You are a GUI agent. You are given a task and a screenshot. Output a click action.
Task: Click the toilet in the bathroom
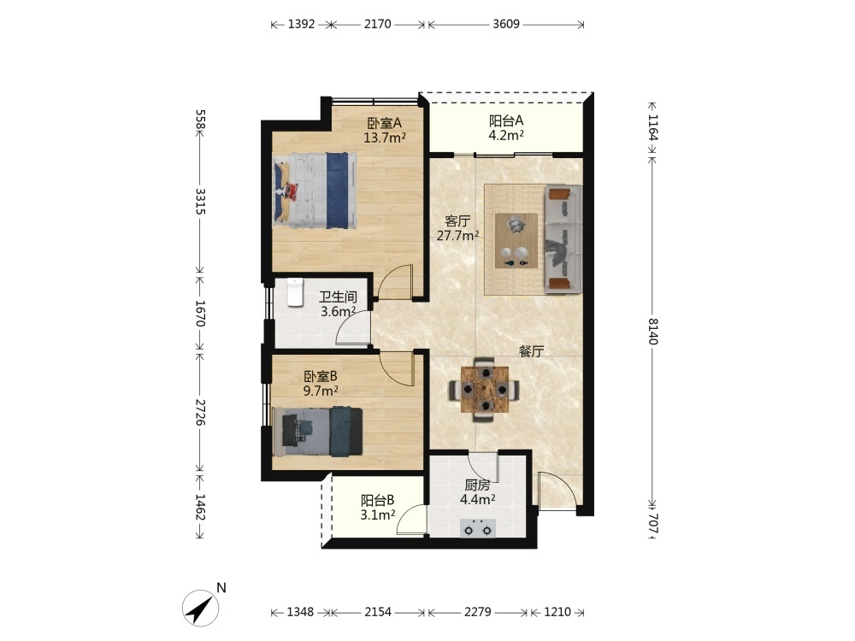click(294, 292)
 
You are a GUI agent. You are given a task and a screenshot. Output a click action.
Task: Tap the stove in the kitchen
click(478, 529)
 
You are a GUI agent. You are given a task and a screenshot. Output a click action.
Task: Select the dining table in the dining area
click(484, 390)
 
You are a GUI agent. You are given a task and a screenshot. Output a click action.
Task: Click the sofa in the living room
click(563, 239)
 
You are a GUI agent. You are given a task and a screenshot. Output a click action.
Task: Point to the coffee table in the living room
click(516, 240)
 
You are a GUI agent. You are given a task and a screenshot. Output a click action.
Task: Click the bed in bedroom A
click(315, 191)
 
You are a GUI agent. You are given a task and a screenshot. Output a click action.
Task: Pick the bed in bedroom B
click(317, 432)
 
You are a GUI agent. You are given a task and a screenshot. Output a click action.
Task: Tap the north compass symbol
click(201, 607)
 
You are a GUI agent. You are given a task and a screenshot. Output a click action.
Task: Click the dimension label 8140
click(652, 331)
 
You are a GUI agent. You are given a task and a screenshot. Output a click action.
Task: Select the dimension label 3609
click(506, 24)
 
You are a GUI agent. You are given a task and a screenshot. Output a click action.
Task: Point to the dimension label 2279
click(478, 612)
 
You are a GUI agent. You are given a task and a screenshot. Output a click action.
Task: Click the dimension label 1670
click(200, 313)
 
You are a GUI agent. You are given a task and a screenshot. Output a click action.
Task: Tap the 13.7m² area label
click(385, 138)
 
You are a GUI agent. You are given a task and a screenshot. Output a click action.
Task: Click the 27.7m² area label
click(458, 236)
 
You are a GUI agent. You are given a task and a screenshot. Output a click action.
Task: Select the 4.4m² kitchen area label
click(478, 499)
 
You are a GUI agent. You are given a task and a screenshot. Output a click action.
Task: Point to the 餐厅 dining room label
click(531, 351)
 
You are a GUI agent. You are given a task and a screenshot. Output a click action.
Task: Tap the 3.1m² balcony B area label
click(378, 515)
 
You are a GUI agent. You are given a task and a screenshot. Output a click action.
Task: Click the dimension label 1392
click(302, 24)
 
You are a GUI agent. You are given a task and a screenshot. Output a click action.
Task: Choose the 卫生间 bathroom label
click(338, 297)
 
